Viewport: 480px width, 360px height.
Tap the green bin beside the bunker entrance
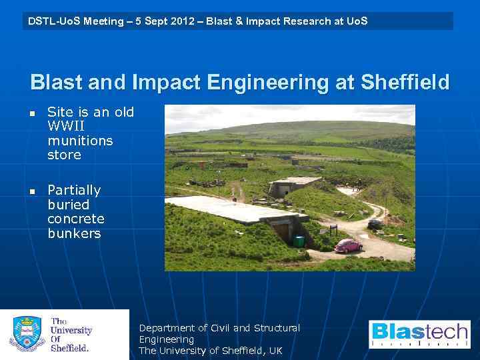299,241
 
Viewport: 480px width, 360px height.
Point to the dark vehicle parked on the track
375,224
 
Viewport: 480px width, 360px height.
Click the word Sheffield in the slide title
405,83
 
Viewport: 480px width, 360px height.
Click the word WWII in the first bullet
66,126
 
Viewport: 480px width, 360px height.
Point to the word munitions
80,141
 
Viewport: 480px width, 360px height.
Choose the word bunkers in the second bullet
74,233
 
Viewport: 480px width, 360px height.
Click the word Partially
74,190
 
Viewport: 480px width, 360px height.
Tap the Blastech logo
419,334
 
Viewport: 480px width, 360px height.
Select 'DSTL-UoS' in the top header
51,21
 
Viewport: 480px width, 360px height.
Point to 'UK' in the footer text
275,351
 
